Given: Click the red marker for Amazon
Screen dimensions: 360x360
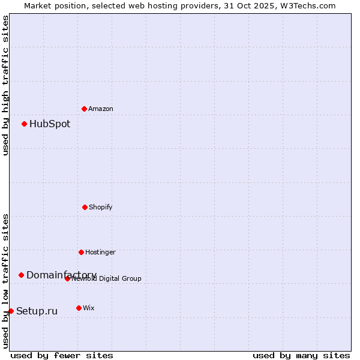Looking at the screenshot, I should pyautogui.click(x=84, y=109).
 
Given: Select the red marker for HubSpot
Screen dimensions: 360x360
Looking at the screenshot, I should pyautogui.click(x=24, y=124).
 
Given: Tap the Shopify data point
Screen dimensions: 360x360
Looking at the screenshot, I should pyautogui.click(x=85, y=207).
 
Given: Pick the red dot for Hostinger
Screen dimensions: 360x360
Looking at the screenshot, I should pyautogui.click(x=81, y=252).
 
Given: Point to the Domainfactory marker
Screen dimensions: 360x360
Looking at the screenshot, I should pyautogui.click(x=21, y=275).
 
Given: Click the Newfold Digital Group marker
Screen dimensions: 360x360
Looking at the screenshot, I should pyautogui.click(x=67, y=278).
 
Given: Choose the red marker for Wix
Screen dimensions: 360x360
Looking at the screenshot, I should pyautogui.click(x=79, y=308).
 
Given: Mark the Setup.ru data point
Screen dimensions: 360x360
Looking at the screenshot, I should pyautogui.click(x=11, y=311).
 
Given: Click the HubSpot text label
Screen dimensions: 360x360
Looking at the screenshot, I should pyautogui.click(x=50, y=124).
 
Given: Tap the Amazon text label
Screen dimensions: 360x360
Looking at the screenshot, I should pyautogui.click(x=101, y=109).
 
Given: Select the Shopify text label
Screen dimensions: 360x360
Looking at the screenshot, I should pyautogui.click(x=101, y=208).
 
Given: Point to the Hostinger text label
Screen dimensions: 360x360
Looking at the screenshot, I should pyautogui.click(x=100, y=253).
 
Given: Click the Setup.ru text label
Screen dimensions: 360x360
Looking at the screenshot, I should pyautogui.click(x=37, y=311).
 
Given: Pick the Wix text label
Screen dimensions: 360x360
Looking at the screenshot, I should pyautogui.click(x=89, y=308).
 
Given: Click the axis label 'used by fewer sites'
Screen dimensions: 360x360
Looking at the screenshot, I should pyautogui.click(x=62, y=355).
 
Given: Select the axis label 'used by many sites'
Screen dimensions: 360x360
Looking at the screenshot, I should pyautogui.click(x=301, y=355).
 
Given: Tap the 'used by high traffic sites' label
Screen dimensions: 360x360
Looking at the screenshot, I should pyautogui.click(x=5, y=85).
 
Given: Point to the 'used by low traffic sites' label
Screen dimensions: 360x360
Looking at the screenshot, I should pyautogui.click(x=5, y=280).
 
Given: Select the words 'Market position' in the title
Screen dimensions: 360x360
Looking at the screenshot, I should pyautogui.click(x=53, y=5).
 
